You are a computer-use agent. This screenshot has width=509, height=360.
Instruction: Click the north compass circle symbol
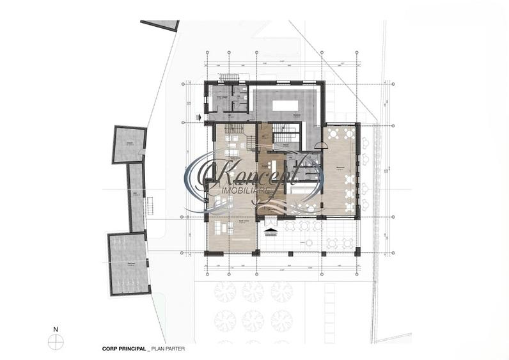(56, 341)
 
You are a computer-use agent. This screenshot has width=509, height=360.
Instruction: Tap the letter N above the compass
(56, 329)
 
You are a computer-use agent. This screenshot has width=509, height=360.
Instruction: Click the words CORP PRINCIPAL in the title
(123, 350)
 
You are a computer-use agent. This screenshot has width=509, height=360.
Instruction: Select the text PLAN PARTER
(167, 350)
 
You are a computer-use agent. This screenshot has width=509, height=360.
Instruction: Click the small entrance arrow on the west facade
(200, 117)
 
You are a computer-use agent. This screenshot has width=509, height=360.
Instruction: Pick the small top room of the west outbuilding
(130, 145)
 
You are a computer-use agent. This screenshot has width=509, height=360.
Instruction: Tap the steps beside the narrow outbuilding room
(151, 206)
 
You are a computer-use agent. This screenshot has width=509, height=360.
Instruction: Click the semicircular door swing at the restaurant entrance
(325, 145)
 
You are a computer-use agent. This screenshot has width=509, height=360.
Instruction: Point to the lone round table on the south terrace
(309, 243)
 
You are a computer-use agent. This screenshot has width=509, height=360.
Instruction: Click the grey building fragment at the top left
(160, 24)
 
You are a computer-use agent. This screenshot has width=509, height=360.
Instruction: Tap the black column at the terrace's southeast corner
(359, 253)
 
